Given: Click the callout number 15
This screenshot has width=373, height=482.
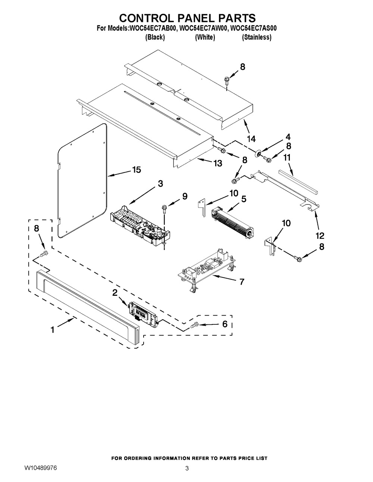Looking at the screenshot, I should (x=136, y=170).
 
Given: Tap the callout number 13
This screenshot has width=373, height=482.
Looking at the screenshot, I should (x=217, y=163).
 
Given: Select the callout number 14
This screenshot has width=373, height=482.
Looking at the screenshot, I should (x=251, y=139).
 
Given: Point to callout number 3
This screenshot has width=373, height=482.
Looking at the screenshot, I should (x=160, y=183).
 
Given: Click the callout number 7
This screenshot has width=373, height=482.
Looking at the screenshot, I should (x=242, y=282).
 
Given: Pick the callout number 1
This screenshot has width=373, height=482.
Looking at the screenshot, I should (x=53, y=329).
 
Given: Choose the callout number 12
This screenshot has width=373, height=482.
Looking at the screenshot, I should (x=320, y=235).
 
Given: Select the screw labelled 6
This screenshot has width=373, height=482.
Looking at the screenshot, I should (x=194, y=325).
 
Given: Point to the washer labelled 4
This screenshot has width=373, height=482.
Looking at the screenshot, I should (x=257, y=154).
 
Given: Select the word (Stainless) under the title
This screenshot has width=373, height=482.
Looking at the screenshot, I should (x=257, y=37).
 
